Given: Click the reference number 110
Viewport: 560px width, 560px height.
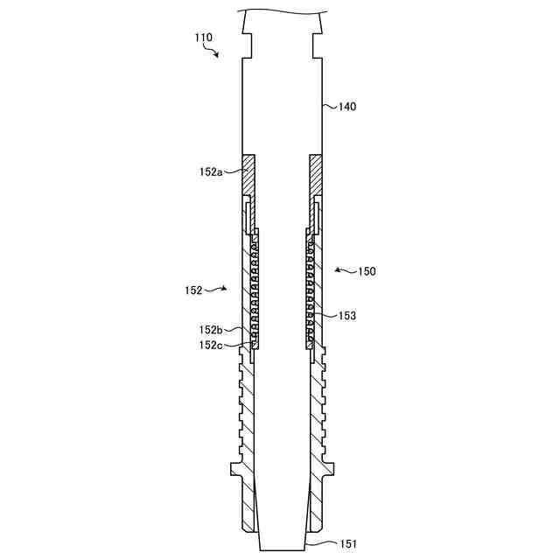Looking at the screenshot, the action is click(203, 38).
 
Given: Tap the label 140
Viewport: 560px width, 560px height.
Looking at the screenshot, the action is click(347, 107).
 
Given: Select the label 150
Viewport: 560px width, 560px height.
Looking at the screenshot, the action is click(367, 271).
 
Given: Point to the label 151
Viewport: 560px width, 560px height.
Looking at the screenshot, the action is click(347, 544).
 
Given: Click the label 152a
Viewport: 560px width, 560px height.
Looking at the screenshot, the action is click(211, 172).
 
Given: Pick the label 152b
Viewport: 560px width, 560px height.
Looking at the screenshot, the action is click(211, 330).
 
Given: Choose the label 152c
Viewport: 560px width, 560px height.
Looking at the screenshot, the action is click(211, 345).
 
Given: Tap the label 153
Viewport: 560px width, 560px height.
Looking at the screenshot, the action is click(347, 316).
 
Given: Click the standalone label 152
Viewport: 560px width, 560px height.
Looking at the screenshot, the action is click(193, 290).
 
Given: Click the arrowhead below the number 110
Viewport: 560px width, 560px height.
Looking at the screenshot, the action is click(216, 54).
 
